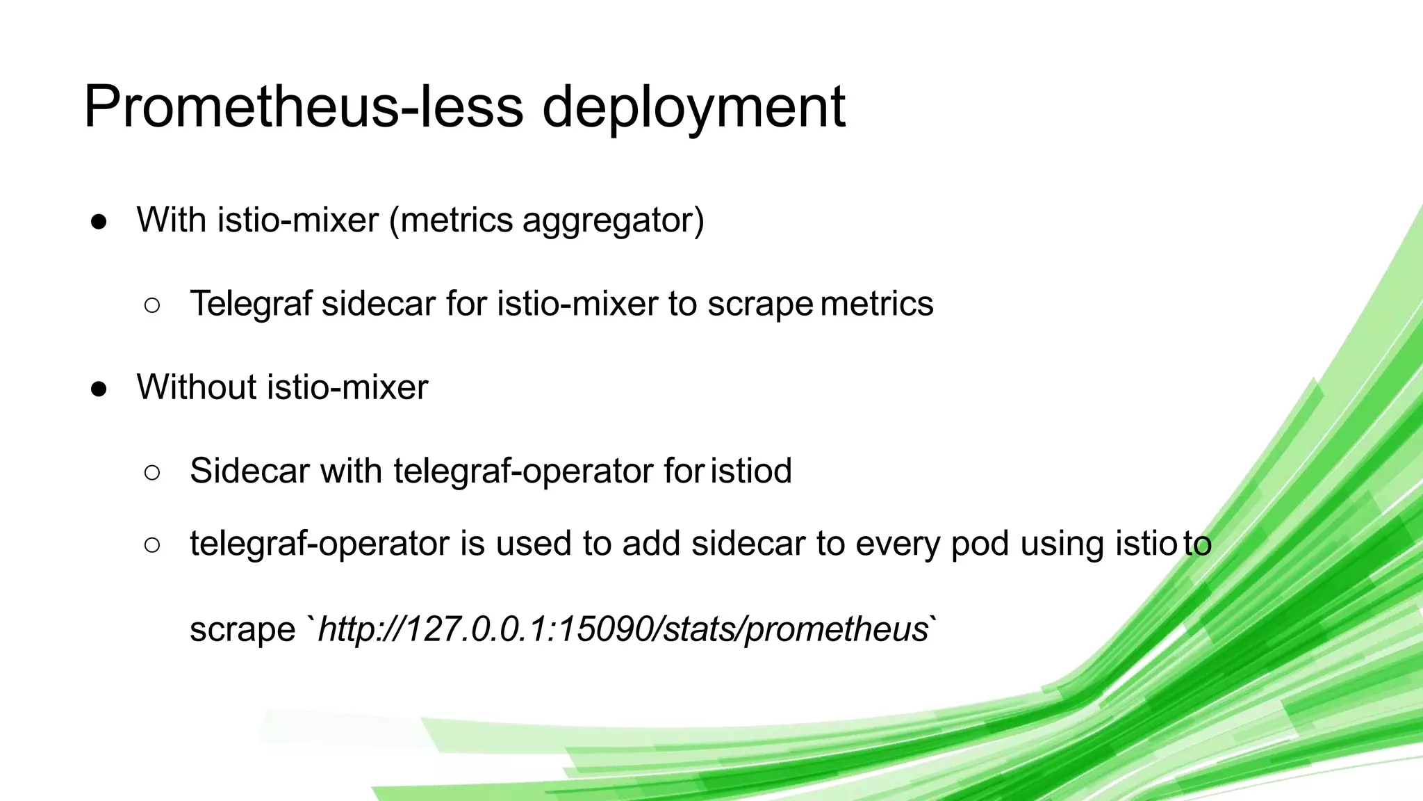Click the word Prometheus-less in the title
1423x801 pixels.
pyautogui.click(x=303, y=107)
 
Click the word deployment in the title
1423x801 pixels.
pyautogui.click(x=693, y=107)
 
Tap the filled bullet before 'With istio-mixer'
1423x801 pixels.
pyautogui.click(x=99, y=221)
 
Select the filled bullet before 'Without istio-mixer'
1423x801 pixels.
pyautogui.click(x=99, y=389)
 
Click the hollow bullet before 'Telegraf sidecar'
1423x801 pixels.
pyautogui.click(x=152, y=305)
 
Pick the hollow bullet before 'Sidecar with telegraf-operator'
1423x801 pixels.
pyautogui.click(x=152, y=473)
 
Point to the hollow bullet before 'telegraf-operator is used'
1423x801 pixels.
pyautogui.click(x=152, y=545)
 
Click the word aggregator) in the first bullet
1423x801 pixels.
pyautogui.click(x=613, y=221)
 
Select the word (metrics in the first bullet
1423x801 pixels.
pyautogui.click(x=451, y=220)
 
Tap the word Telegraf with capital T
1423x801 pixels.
pyautogui.click(x=250, y=304)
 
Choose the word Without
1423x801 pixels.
pyautogui.click(x=197, y=387)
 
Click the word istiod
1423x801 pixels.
pyautogui.click(x=751, y=471)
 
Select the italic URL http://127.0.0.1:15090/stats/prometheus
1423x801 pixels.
pyautogui.click(x=623, y=629)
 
